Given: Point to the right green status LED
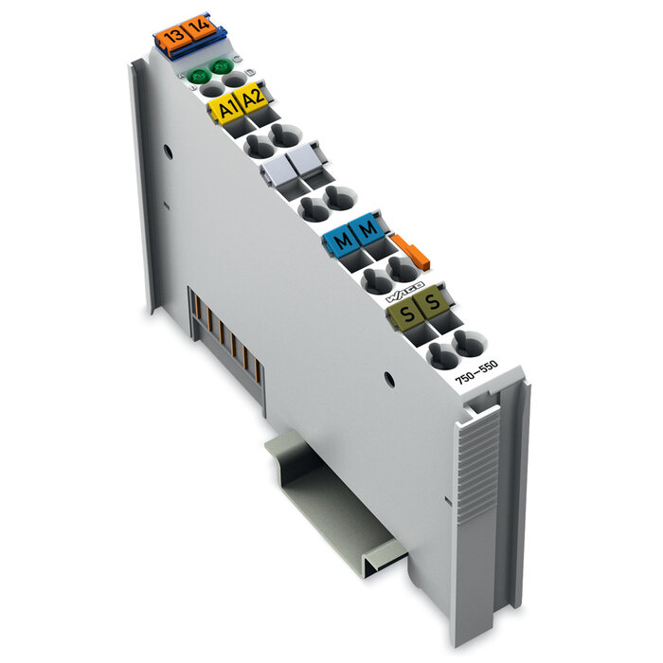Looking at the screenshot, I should click(x=223, y=66).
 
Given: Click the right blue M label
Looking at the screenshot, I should click(x=367, y=229).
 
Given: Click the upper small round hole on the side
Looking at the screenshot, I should click(x=168, y=150).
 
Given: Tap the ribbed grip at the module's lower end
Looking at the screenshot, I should click(x=481, y=511).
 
